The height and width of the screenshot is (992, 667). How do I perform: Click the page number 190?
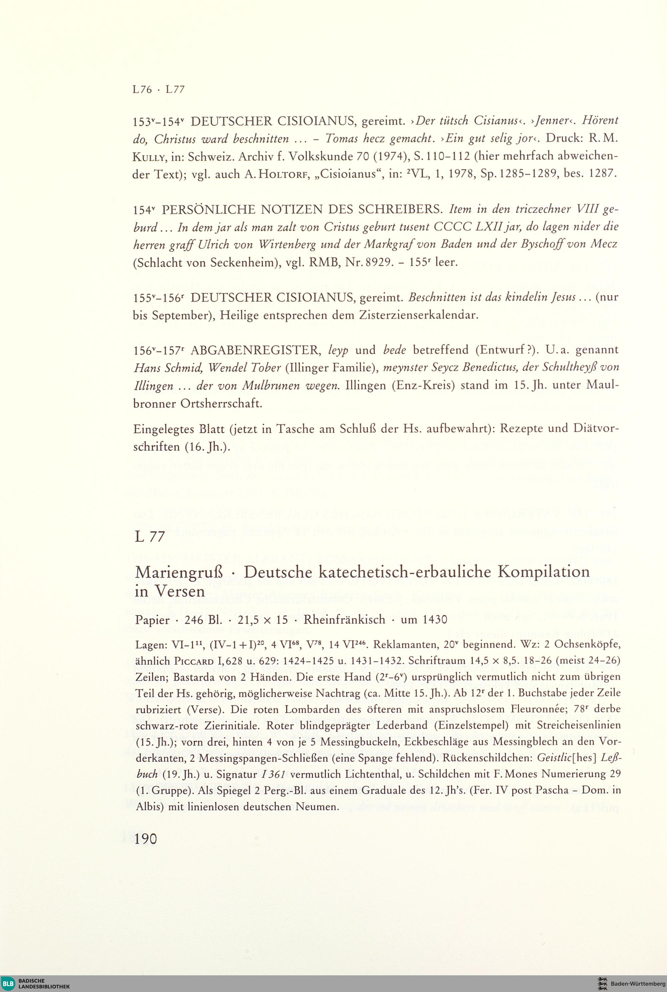point(145,839)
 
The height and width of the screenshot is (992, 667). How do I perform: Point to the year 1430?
point(435,620)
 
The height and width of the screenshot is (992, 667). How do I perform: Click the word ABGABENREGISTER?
point(255,350)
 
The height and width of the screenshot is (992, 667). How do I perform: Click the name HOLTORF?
point(276,174)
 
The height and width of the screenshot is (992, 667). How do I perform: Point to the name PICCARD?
point(191,661)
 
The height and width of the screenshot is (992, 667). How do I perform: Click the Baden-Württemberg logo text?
point(632,983)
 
